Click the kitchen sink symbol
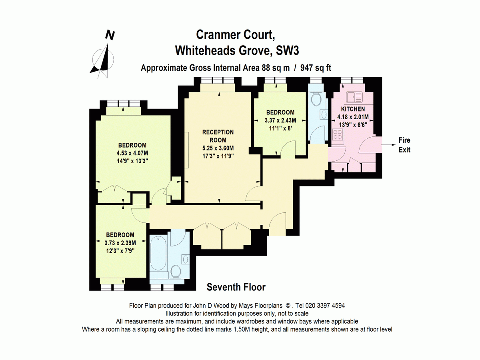pyautogui.click(x=354, y=97)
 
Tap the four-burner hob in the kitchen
pyautogui.click(x=338, y=134)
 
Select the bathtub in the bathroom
pyautogui.click(x=158, y=253)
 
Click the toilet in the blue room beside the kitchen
pyautogui.click(x=316, y=99)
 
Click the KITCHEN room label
pyautogui.click(x=353, y=109)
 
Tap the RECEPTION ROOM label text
pyautogui.click(x=218, y=136)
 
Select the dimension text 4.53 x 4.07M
pyautogui.click(x=132, y=153)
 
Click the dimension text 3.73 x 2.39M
pyautogui.click(x=120, y=243)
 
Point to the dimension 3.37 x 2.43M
pyautogui.click(x=280, y=120)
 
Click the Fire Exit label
pyautogui.click(x=404, y=145)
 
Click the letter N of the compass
pyautogui.click(x=110, y=35)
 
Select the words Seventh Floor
pyautogui.click(x=236, y=287)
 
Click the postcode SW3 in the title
pyautogui.click(x=287, y=51)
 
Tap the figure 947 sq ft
pyautogui.click(x=316, y=68)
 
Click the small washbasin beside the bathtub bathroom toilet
pyautogui.click(x=186, y=260)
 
